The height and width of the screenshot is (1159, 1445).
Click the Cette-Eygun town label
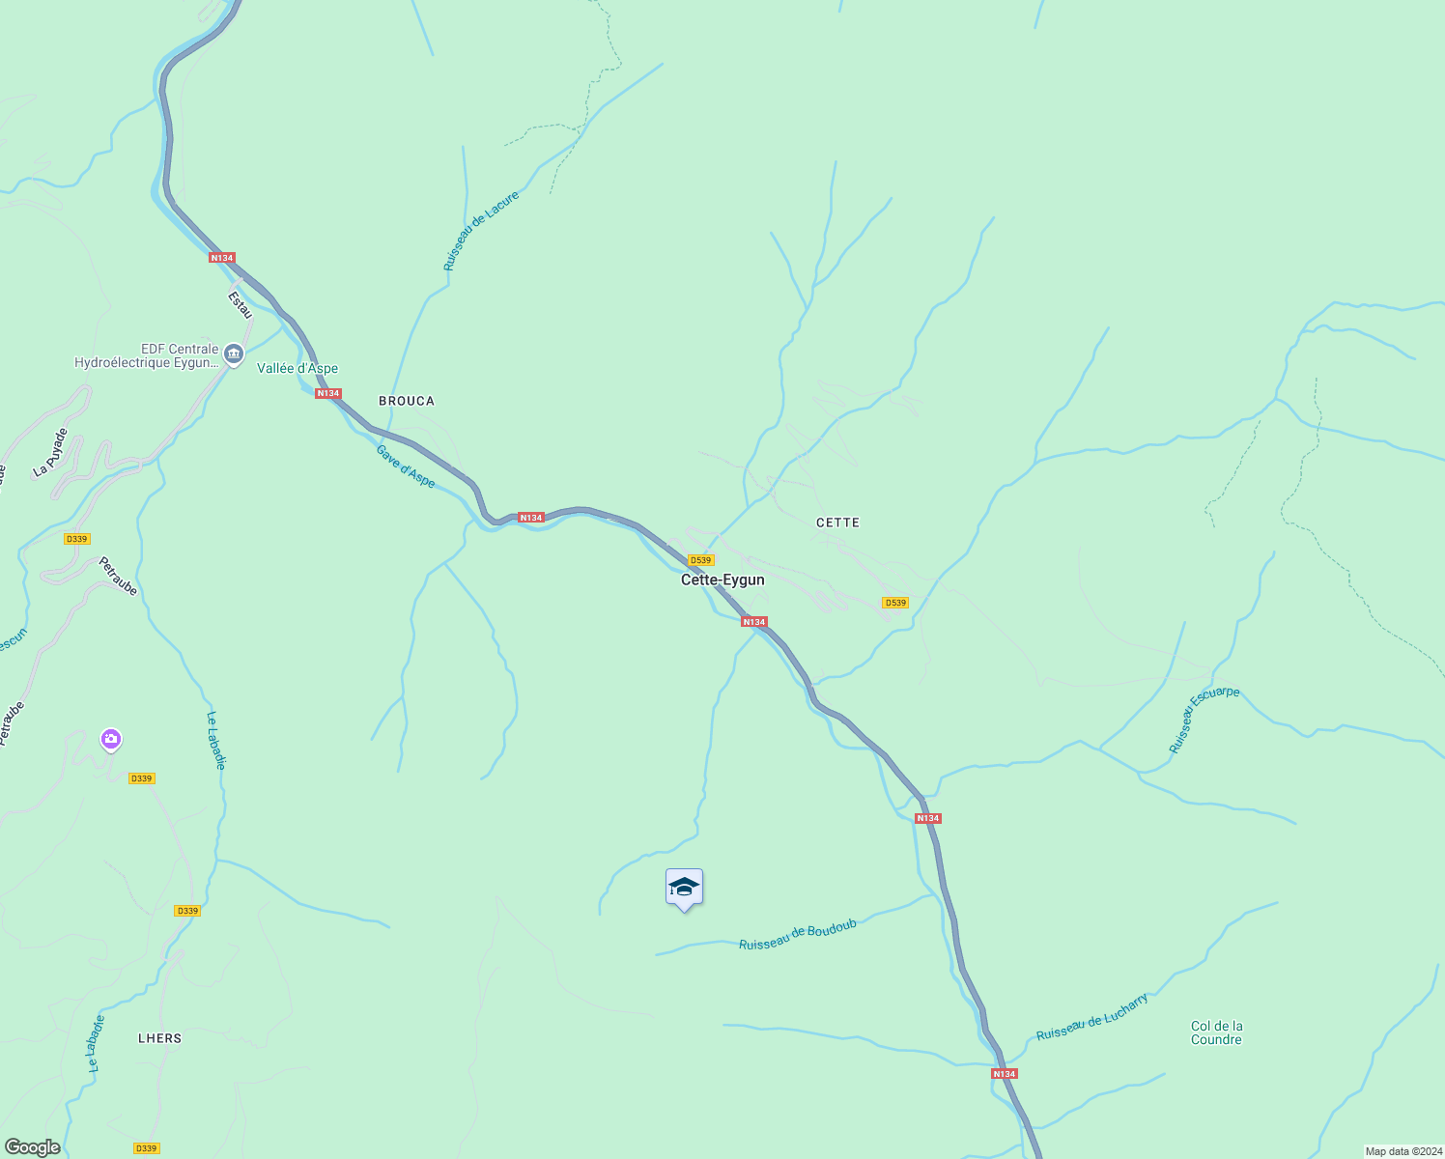tap(722, 579)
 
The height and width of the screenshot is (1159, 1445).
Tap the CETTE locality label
tap(837, 523)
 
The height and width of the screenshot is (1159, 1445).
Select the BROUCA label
tap(407, 401)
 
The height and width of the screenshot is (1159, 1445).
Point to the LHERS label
tap(160, 1038)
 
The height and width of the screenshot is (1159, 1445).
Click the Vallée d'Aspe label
tap(297, 368)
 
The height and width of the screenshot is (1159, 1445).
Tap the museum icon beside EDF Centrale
tap(233, 354)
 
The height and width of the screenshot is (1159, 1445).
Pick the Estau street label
tap(240, 305)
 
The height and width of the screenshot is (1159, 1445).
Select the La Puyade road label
tap(51, 452)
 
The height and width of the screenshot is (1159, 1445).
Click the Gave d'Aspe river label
tap(406, 466)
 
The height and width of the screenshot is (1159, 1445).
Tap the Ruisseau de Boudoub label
tap(798, 935)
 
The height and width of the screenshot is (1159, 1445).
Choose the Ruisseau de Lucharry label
tap(1092, 1016)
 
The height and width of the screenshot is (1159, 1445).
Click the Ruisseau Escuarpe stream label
tap(1204, 720)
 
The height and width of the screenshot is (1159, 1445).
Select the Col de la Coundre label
tap(1216, 1032)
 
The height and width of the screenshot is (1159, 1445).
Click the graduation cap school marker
tap(684, 888)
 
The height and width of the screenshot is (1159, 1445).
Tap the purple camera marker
tap(111, 740)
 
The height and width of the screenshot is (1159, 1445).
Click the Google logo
tap(33, 1147)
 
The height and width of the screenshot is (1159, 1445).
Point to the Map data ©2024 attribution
tap(1402, 1151)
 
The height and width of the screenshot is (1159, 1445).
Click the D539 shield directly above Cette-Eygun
tap(700, 560)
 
